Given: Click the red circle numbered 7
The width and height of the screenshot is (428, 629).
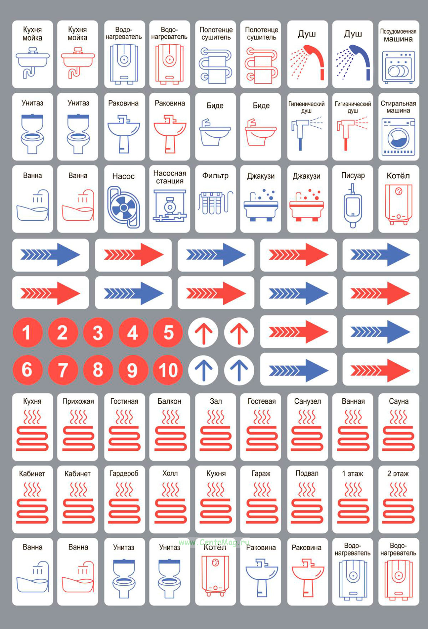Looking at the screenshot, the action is click(63, 370).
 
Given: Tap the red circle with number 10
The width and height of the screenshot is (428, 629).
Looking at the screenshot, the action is click(168, 370).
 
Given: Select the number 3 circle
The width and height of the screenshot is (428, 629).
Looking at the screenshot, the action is click(98, 332).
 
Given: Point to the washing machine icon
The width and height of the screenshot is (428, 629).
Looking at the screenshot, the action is click(399, 137).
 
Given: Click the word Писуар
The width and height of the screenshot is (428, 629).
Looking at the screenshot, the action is click(353, 175).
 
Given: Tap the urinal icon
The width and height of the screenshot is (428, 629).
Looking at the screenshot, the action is click(353, 206).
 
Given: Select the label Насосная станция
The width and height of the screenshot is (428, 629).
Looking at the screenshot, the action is click(170, 177).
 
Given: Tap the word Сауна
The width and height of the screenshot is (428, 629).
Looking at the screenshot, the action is click(399, 401).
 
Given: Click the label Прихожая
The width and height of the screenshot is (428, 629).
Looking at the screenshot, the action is click(78, 401).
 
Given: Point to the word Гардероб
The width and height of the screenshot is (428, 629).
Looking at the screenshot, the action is click(124, 474).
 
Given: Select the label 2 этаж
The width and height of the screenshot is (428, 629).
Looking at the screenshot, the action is click(398, 474).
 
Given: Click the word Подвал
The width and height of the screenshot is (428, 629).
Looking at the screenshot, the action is click(307, 473).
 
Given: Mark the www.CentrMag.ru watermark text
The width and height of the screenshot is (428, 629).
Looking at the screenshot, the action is click(214, 542).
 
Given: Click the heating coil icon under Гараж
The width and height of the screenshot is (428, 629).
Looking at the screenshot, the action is click(261, 502).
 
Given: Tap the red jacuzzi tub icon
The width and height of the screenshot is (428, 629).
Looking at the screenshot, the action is click(307, 206).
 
